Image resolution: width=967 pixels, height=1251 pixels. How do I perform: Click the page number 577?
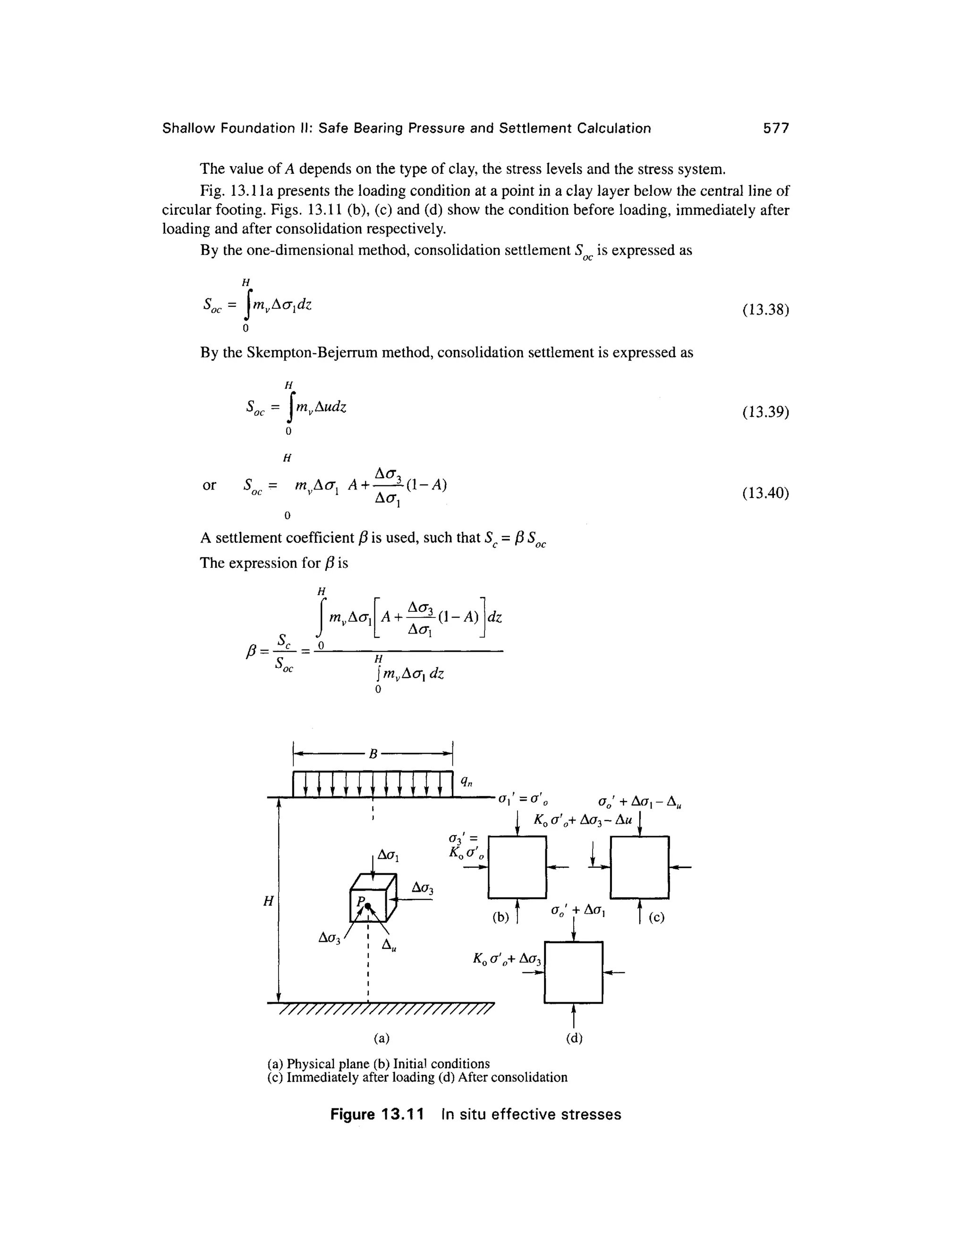tap(776, 128)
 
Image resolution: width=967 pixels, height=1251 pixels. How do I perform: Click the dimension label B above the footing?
tap(373, 754)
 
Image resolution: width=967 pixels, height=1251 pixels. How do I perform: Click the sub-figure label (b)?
tap(500, 916)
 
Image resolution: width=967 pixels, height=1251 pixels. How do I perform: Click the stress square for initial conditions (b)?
tap(517, 867)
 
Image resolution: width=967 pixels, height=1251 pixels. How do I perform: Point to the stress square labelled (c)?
tap(639, 867)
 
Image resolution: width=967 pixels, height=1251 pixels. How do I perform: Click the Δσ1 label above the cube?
tap(388, 856)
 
